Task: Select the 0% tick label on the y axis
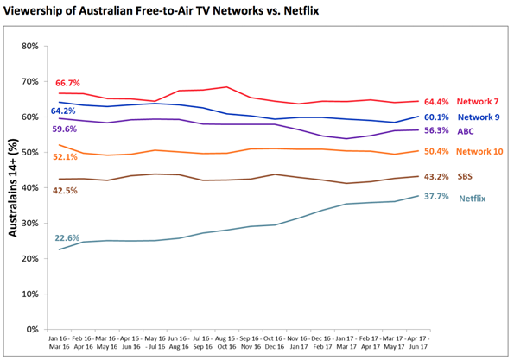29,329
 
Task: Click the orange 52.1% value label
67,157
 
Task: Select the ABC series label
466,132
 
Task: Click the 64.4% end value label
438,102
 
